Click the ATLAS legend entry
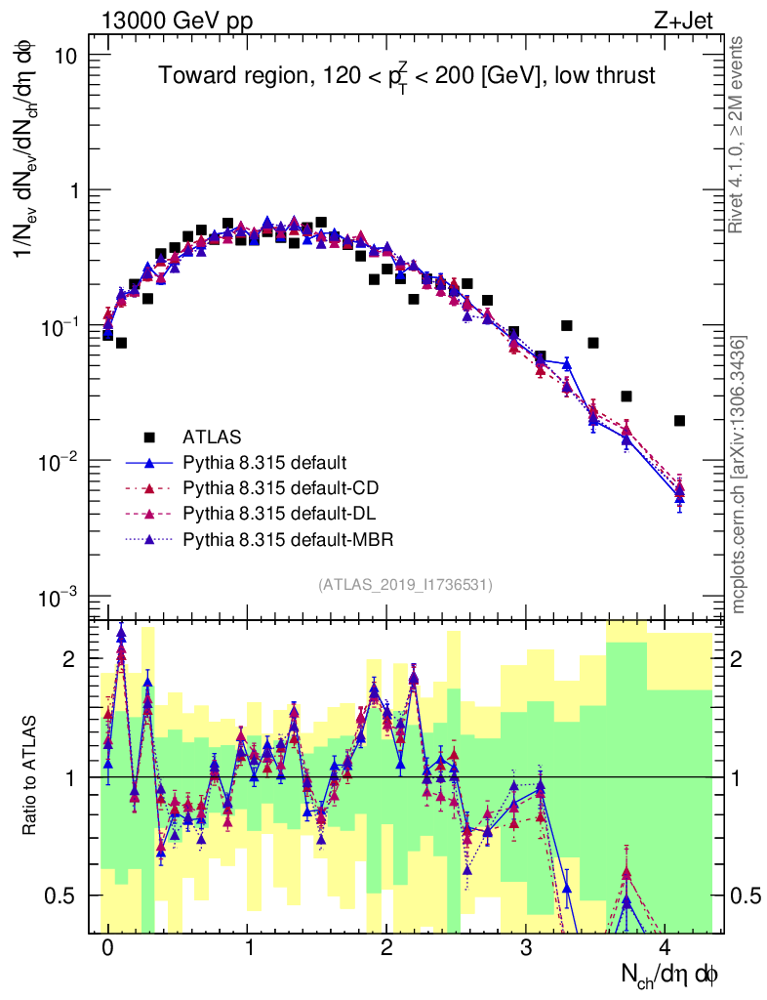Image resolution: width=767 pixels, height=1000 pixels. [x=212, y=436]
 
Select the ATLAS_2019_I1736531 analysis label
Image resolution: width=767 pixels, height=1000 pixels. [x=405, y=584]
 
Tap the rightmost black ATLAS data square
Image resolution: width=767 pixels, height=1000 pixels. [x=679, y=421]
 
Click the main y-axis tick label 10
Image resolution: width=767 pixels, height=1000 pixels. [x=66, y=56]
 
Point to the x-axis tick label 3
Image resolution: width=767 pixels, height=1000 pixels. [x=525, y=947]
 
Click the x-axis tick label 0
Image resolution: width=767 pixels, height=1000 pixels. [x=107, y=947]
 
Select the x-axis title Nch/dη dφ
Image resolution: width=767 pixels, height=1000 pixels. [x=671, y=974]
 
